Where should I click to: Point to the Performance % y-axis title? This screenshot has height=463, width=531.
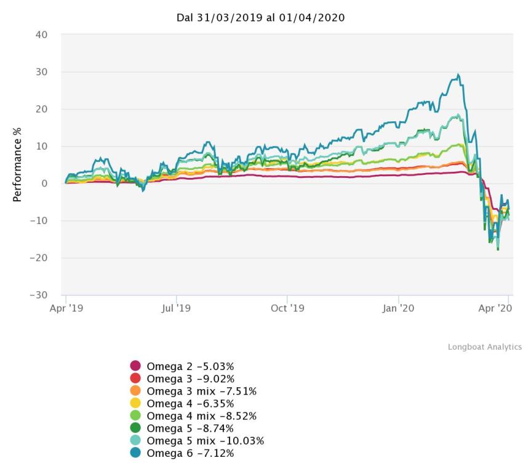point(18,165)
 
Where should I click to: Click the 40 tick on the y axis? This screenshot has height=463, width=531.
point(41,35)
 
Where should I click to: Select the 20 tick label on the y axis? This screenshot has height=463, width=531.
point(41,109)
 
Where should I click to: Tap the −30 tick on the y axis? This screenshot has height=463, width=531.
point(38,295)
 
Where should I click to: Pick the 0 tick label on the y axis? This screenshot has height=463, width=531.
point(44,183)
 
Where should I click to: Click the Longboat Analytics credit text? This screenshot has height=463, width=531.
point(485,347)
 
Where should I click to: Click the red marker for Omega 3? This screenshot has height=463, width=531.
point(135,379)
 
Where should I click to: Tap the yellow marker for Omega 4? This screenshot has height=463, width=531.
point(135,403)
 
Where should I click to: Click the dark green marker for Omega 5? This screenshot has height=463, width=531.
point(135,428)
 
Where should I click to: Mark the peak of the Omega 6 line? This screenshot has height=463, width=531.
point(458,74)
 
